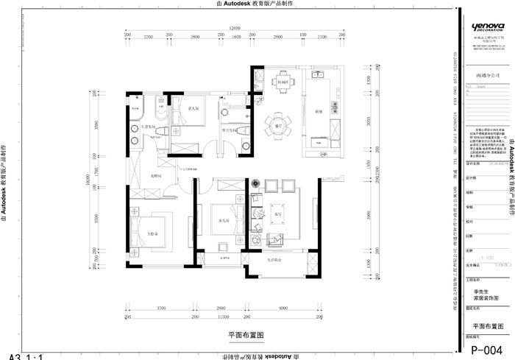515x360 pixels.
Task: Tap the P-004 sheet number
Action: (x=487, y=350)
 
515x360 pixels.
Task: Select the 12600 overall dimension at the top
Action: (x=235, y=29)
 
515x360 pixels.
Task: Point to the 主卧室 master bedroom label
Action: (x=152, y=235)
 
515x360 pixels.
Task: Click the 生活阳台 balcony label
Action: (x=276, y=259)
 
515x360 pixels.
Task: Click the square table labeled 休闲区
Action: (x=282, y=82)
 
